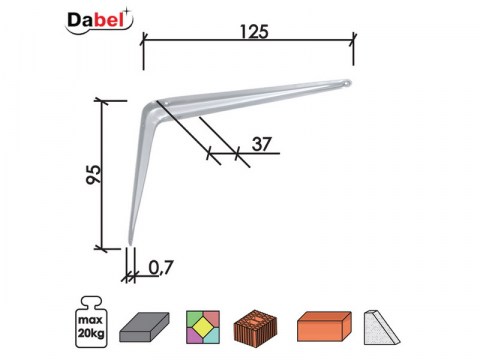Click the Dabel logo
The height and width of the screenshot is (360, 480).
(x=99, y=21)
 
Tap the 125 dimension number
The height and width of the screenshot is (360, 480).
(x=254, y=32)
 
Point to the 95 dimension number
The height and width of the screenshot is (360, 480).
(x=93, y=175)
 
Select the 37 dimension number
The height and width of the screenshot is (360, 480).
(x=262, y=144)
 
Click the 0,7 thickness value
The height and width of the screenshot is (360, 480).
(x=161, y=267)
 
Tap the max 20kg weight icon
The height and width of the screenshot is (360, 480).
(x=91, y=321)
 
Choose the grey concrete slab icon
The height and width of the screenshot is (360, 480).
(x=144, y=327)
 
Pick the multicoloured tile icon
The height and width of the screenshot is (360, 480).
(x=203, y=327)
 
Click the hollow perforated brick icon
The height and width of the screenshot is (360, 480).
(x=255, y=327)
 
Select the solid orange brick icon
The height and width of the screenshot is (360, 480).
(x=324, y=326)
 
